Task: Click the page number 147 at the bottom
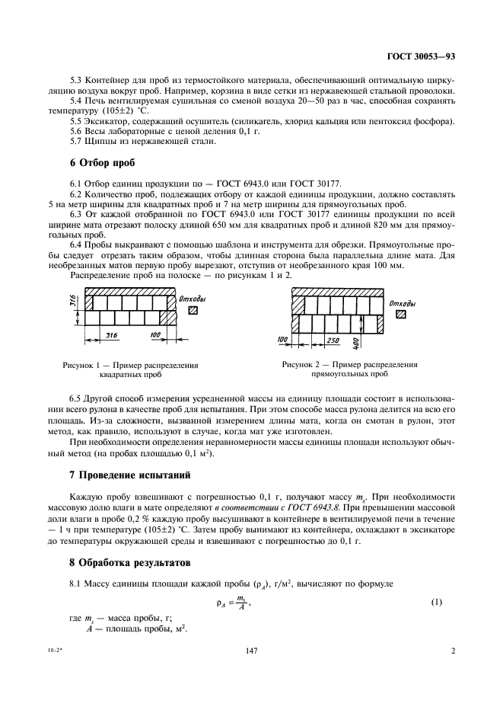[x=252, y=651]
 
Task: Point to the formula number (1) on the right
[x=436, y=603]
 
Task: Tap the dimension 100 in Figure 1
[x=156, y=334]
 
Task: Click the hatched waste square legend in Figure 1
[x=193, y=310]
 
